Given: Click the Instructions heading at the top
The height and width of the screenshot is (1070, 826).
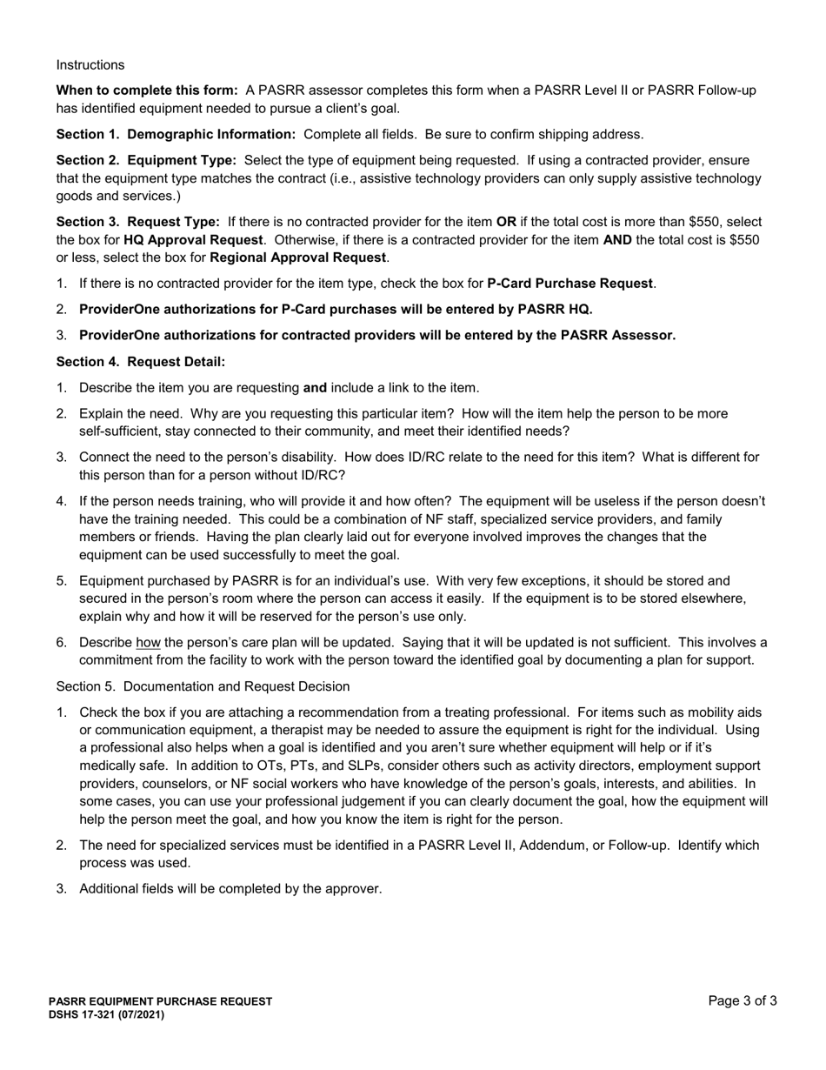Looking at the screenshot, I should click(x=90, y=65).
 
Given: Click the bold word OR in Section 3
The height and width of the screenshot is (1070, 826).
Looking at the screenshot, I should click(x=506, y=222).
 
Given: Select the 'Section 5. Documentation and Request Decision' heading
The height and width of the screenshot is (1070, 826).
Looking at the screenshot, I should click(x=203, y=686).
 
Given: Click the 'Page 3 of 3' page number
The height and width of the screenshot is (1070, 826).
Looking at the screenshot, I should click(x=743, y=1001).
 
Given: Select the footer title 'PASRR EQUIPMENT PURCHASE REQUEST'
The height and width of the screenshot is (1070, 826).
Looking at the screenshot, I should click(x=160, y=1002).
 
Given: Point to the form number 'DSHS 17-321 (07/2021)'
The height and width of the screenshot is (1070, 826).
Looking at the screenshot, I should click(x=106, y=1014).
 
